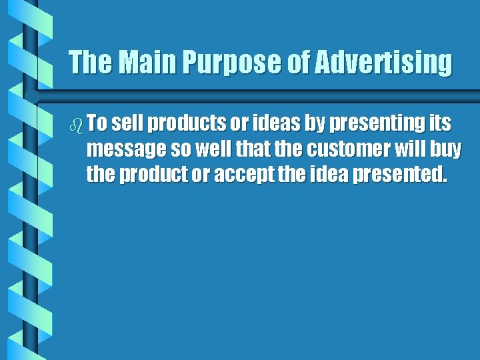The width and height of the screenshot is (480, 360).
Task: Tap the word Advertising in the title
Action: coord(383,63)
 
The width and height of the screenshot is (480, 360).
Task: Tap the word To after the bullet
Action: coord(97,124)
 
